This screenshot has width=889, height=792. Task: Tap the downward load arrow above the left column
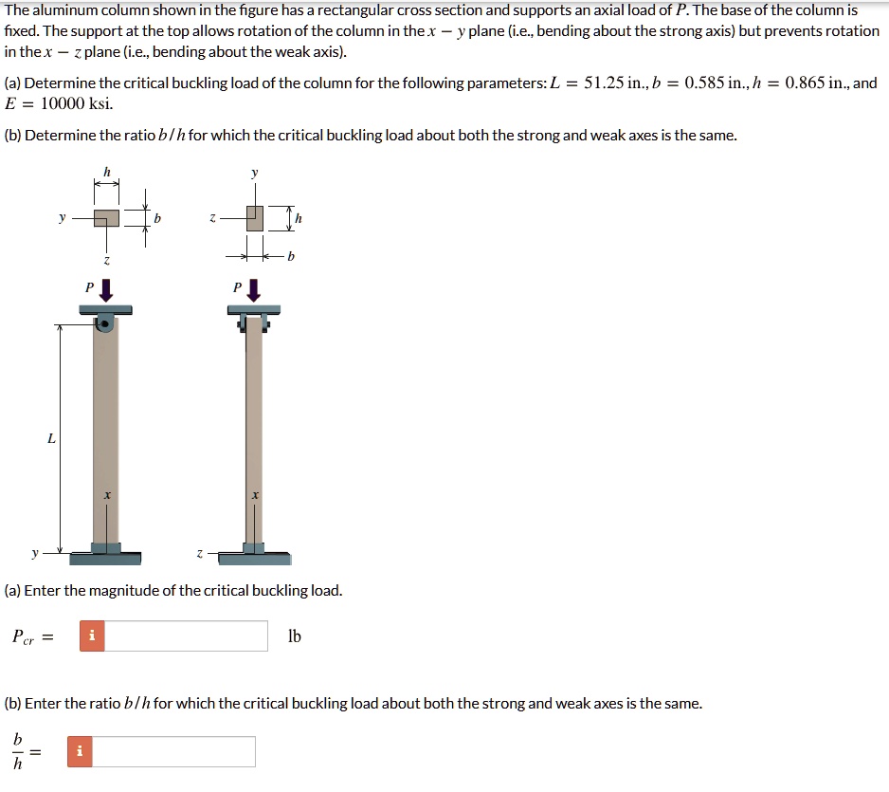coord(106,289)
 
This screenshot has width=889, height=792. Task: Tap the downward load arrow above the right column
coord(253,289)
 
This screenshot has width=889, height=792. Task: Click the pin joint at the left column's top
coord(106,324)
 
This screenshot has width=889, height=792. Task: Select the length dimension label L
coord(50,438)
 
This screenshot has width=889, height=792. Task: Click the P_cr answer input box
coord(186,635)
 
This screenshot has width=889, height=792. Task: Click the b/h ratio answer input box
coord(174,751)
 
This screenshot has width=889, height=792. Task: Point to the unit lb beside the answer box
coord(294,636)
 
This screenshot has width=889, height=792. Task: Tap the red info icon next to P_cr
coord(92,635)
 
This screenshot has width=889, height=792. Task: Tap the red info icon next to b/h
coord(80,751)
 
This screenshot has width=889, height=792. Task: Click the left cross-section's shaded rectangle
coord(106,219)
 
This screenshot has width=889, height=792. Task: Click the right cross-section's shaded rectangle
coord(253,218)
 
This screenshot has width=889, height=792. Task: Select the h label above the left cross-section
coord(106,171)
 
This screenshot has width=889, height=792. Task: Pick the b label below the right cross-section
coord(291,256)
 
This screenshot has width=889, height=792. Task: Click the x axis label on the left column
coord(106,495)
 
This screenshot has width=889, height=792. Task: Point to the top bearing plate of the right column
coord(253,309)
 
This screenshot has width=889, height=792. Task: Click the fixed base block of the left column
coord(106,548)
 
